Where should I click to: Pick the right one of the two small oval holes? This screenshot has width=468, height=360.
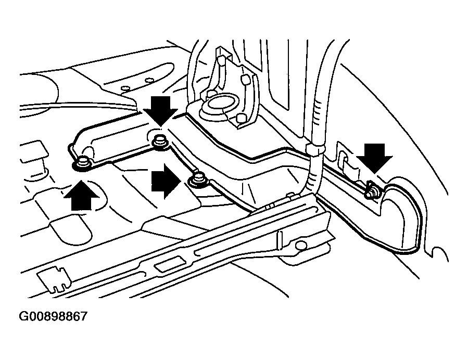pyautogui.click(x=149, y=80)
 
